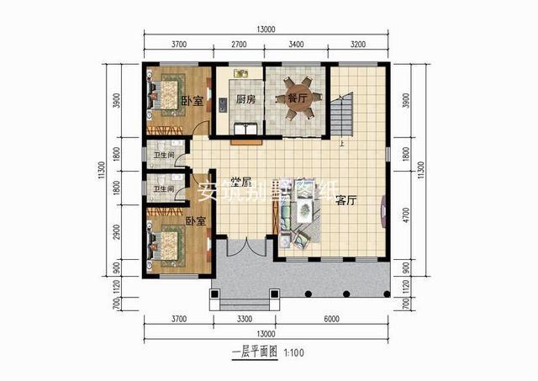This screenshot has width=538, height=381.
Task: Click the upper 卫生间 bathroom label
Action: (163, 155)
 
